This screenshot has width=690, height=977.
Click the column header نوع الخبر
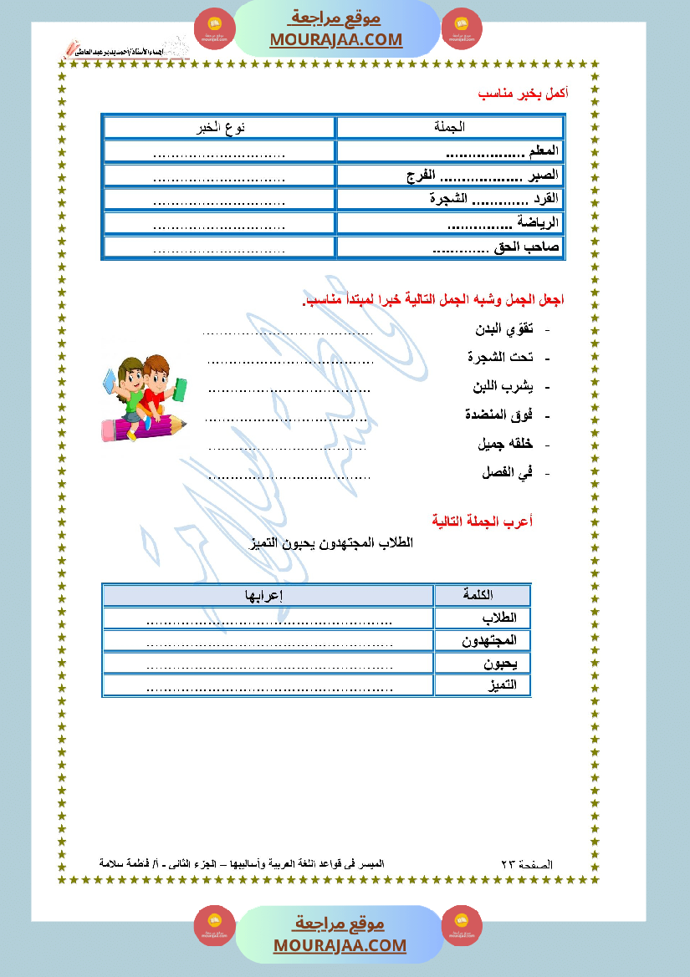tap(219, 127)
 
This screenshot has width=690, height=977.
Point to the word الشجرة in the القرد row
tap(447, 199)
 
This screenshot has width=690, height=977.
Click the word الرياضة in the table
tap(537, 223)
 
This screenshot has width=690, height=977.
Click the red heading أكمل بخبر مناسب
tap(523, 94)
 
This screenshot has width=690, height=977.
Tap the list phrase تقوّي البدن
tap(504, 329)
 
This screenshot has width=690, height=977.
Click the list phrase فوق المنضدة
tap(498, 415)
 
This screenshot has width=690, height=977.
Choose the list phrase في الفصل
tap(508, 472)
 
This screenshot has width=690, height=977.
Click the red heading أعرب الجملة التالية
tap(483, 521)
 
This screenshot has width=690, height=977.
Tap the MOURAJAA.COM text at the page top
tap(335, 39)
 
